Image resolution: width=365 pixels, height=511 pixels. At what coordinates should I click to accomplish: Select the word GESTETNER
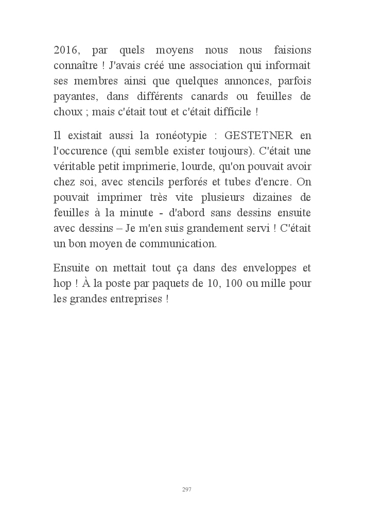259,135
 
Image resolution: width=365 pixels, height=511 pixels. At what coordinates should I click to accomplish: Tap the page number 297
186,489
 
